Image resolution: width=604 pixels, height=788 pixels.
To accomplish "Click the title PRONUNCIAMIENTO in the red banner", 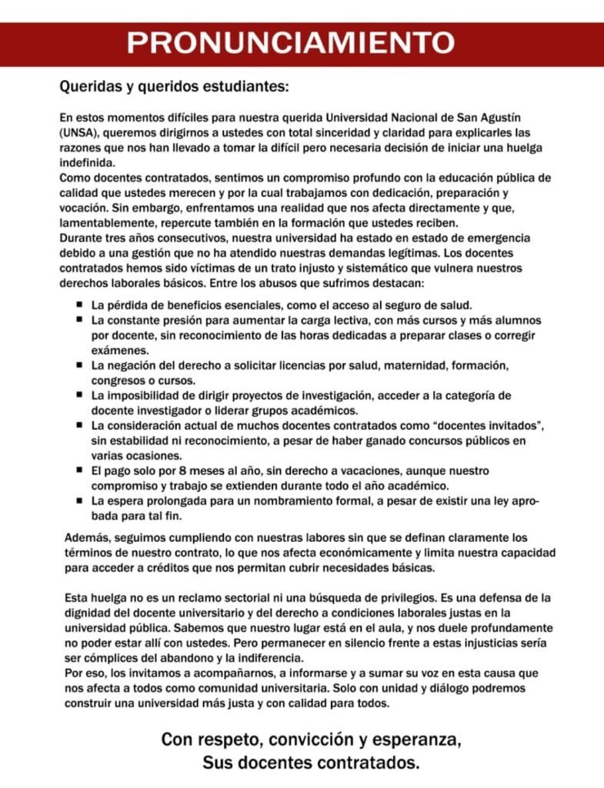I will (290, 43).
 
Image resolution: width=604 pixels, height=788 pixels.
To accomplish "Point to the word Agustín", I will (499, 118).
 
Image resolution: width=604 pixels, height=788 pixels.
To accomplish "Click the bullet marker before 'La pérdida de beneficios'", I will (79, 304).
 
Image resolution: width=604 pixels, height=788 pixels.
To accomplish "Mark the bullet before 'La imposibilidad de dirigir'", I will (79, 394).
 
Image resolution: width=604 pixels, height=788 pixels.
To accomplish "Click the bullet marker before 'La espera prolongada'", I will (79, 499).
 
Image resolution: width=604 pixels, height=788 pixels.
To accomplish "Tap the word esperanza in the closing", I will (420, 740).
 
